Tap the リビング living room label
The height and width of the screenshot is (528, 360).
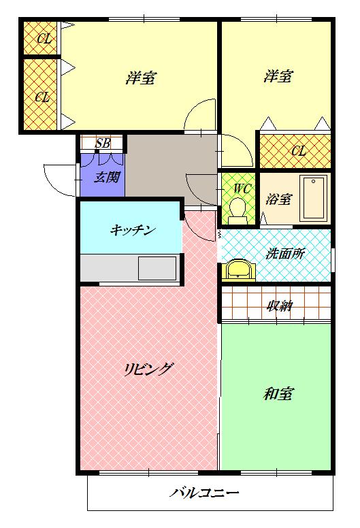148,369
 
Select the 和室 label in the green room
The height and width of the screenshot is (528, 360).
278,394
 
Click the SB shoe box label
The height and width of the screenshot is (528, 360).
103,143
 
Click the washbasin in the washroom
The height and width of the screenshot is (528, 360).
239,269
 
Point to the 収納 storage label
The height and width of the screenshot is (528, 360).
279,306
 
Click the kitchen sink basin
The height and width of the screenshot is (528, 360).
157,267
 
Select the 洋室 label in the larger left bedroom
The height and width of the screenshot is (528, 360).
141,78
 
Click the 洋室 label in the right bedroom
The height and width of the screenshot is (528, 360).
278,76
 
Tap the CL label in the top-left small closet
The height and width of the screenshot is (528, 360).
44,39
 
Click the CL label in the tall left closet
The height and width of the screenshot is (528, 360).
42,97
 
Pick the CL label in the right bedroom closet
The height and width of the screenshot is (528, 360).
298,151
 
